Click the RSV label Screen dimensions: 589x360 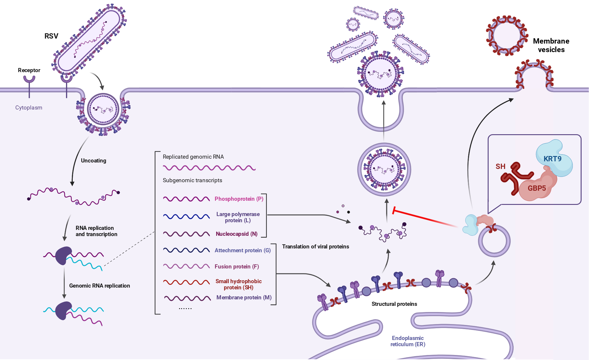[x=51, y=36]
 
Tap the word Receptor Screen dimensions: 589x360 [x=29, y=70]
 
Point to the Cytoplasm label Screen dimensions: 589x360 [x=29, y=108]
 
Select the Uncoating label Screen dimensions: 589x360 [x=93, y=160]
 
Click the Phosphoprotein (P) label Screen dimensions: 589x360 [x=239, y=199]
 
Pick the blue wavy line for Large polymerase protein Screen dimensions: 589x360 [x=186, y=217]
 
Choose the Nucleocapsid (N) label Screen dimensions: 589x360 [x=236, y=234]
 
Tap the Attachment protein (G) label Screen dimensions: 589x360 [x=242, y=250]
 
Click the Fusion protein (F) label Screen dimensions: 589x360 [x=236, y=267]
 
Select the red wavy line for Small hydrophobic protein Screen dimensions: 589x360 [x=186, y=282]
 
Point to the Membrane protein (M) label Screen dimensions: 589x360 [x=244, y=298]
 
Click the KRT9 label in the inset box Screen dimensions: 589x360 [x=552, y=159]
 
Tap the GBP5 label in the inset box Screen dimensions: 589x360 [x=537, y=188]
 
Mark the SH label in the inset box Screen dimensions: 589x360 [x=500, y=167]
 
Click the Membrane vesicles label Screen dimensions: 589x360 [x=551, y=45]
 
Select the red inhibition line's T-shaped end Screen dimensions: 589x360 [x=394, y=210]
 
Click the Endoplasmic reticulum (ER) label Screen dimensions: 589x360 [x=408, y=341]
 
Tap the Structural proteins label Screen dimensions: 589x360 [x=394, y=304]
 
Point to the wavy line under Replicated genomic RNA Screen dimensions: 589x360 [x=209, y=168]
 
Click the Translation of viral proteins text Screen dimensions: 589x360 [x=315, y=247]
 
